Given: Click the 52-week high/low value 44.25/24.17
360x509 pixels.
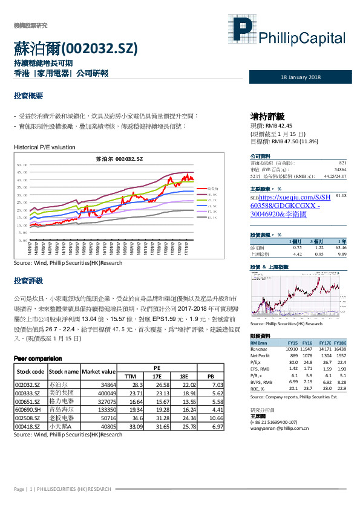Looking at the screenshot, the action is [335, 176].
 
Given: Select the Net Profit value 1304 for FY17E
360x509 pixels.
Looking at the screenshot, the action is [326, 355].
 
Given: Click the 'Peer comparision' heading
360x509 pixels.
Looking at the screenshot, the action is [38, 358].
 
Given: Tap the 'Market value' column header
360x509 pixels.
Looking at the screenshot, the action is [99, 371].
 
